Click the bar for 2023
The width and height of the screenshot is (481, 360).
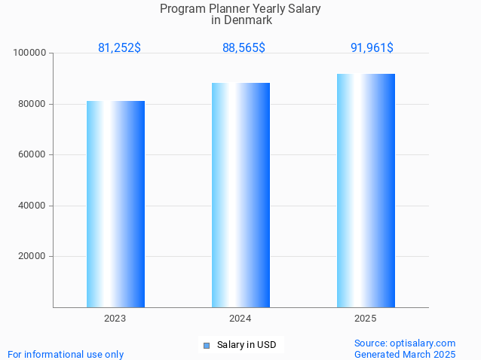click(115, 203)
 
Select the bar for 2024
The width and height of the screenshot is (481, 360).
click(240, 194)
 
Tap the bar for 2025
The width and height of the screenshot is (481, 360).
click(366, 190)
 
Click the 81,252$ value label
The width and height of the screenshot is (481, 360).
click(119, 47)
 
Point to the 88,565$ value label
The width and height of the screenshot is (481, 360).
click(244, 47)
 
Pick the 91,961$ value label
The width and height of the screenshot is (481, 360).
click(372, 47)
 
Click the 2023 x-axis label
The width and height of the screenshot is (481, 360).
click(115, 319)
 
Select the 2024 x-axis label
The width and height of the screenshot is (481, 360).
click(240, 319)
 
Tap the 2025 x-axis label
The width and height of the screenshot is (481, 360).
click(366, 319)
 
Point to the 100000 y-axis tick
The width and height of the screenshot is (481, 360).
click(30, 53)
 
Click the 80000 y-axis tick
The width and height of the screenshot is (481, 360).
click(32, 104)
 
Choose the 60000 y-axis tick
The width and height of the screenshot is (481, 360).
click(32, 154)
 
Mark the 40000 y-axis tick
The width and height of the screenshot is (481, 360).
click(32, 206)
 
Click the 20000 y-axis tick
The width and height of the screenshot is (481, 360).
click(32, 256)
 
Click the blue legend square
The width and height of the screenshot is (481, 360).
click(206, 346)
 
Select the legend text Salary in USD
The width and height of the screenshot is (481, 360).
click(247, 345)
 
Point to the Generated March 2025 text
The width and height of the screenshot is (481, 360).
click(405, 354)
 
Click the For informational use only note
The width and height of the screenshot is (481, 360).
click(66, 354)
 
